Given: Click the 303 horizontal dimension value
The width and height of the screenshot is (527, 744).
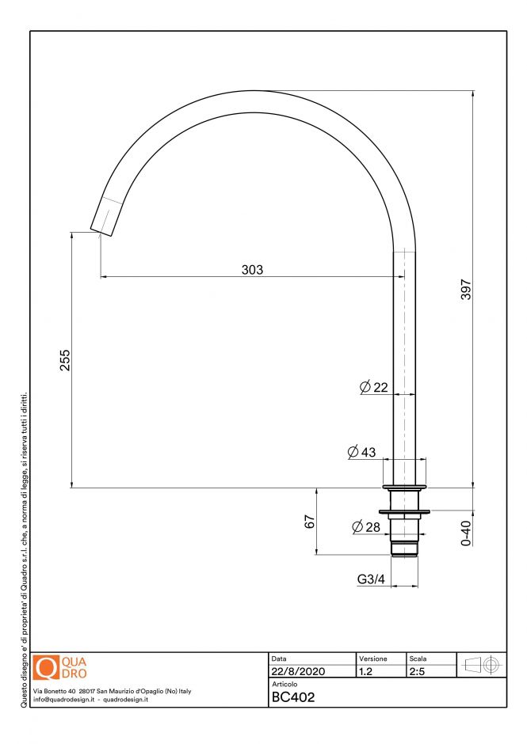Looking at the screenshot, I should click(252, 270).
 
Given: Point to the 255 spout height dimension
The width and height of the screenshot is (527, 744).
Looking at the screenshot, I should click(66, 360).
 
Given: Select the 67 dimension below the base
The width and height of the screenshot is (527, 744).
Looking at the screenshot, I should click(310, 522).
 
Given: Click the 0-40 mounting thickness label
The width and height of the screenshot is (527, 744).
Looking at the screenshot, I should click(467, 533).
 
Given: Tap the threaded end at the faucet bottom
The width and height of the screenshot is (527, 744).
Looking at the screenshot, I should click(404, 548).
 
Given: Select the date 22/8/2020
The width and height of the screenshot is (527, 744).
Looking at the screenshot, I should click(297, 671).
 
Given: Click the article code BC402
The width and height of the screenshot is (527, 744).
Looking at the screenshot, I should click(293, 697).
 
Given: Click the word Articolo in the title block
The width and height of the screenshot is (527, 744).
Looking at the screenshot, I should click(285, 684).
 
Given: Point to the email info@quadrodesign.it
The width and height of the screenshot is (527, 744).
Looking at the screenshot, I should click(65, 700).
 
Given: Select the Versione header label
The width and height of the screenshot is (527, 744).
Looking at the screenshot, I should click(373, 659).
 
